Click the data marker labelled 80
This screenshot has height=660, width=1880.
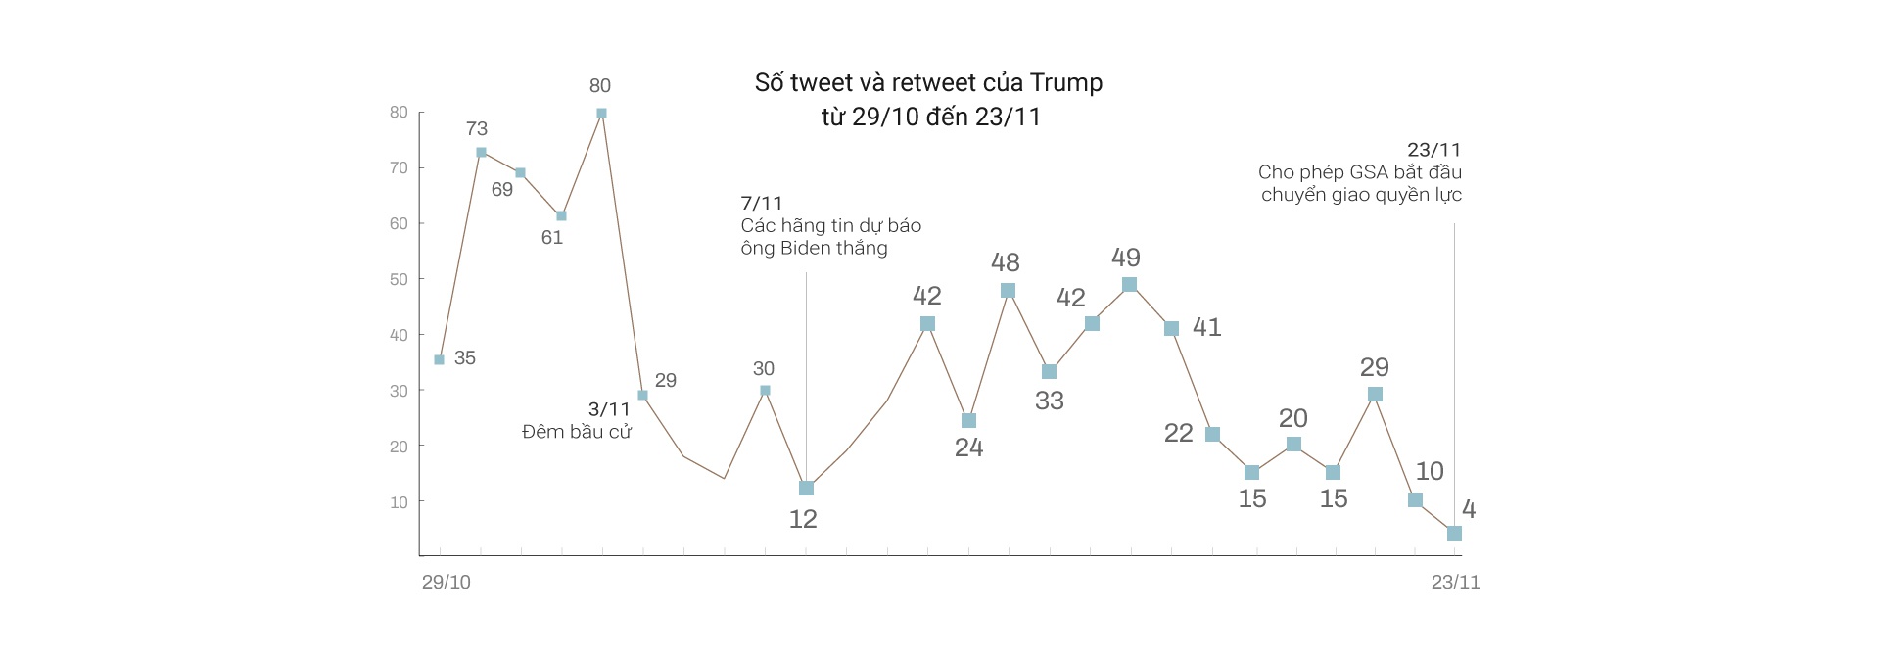pos(601,114)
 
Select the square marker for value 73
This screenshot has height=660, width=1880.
pos(481,153)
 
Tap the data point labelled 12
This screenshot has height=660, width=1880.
pos(806,488)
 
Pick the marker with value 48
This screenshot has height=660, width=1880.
pos(1009,290)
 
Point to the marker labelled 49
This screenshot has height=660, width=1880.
pos(1129,285)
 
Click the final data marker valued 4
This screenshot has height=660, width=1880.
pos(1454,533)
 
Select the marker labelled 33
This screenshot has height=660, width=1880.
pos(1049,372)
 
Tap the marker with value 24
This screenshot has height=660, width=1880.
pos(968,421)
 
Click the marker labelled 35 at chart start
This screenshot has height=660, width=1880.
pos(439,360)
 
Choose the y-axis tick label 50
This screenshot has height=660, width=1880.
pos(399,279)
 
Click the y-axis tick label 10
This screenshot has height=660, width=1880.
pos(399,502)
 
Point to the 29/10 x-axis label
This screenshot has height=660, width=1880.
pos(446,582)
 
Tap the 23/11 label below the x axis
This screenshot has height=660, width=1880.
pos(1455,582)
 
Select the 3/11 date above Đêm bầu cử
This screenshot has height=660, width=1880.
pos(609,409)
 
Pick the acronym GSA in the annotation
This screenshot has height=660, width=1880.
pos(1369,172)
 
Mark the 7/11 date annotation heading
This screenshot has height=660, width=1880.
pos(761,204)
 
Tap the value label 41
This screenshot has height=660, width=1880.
pos(1206,327)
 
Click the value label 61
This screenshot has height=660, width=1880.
pos(552,237)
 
